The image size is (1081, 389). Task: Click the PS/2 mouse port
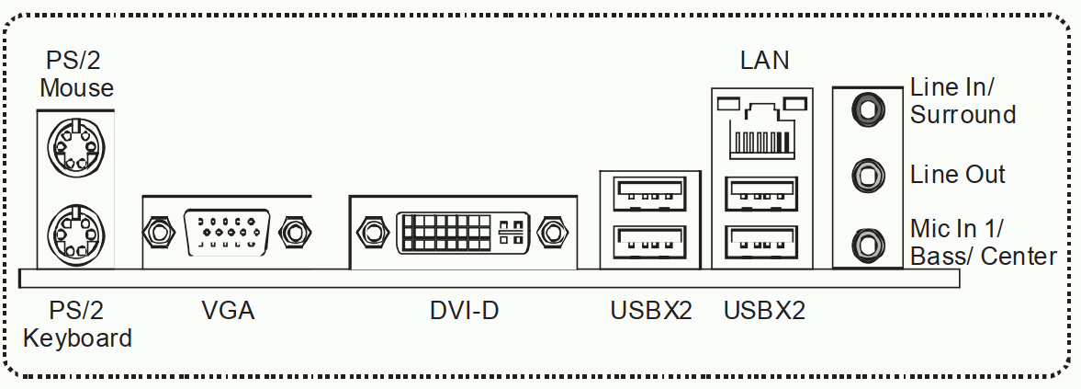(x=76, y=147)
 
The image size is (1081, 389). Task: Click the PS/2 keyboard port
(x=76, y=234)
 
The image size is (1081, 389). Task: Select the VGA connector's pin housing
(x=227, y=233)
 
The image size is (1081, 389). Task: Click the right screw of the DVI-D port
(x=552, y=232)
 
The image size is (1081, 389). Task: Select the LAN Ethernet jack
(x=761, y=128)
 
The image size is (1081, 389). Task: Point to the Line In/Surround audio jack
(x=867, y=109)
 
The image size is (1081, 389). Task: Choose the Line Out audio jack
(x=867, y=176)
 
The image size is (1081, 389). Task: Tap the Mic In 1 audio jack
(x=867, y=244)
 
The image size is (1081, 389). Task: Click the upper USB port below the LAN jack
(x=761, y=194)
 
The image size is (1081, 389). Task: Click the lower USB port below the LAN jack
(x=761, y=243)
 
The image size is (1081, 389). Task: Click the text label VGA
(x=228, y=311)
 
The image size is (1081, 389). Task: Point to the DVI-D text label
(x=464, y=311)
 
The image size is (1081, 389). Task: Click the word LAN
(x=764, y=60)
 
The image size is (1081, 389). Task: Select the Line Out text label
(x=958, y=174)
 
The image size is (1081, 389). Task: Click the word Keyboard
(x=77, y=338)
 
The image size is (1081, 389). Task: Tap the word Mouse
(x=76, y=87)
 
